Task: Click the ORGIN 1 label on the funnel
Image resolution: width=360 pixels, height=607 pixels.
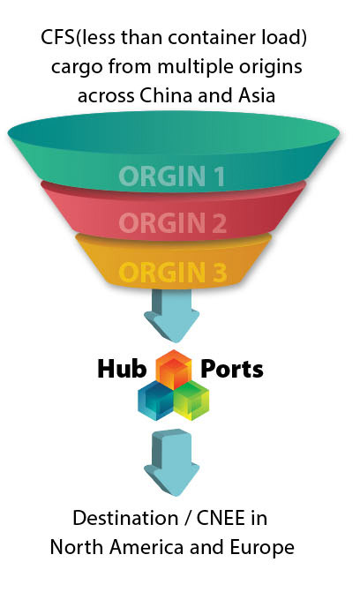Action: [172, 176]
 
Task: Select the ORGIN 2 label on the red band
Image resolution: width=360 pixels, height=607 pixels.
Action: [173, 223]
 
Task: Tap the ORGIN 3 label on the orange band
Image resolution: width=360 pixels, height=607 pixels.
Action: [173, 272]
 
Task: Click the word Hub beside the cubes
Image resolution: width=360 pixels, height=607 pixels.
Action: [122, 368]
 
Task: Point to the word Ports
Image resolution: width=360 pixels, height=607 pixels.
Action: [232, 369]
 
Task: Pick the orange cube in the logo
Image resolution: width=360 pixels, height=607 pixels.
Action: [174, 369]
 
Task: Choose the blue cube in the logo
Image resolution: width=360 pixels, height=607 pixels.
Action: [156, 401]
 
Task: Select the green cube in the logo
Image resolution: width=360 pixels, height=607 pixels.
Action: [191, 401]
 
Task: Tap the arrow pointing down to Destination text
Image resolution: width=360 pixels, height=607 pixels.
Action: [172, 462]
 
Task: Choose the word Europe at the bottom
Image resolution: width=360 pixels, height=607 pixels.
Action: [262, 547]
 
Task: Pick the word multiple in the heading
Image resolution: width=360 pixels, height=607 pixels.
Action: [195, 67]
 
